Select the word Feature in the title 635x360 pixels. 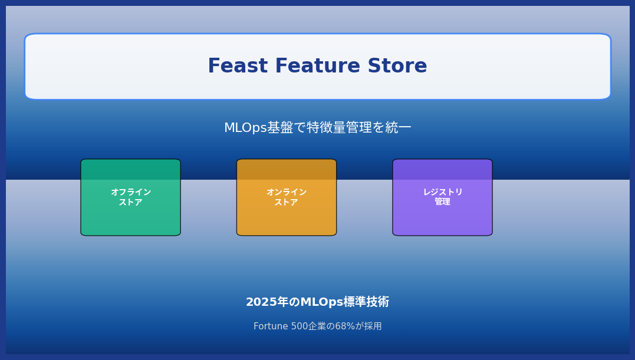click(x=317, y=65)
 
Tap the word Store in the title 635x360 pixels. click(x=397, y=65)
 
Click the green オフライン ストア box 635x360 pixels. click(x=130, y=197)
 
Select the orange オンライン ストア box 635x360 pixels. click(x=287, y=197)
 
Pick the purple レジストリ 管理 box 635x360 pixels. click(x=442, y=197)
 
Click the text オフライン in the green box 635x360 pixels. click(x=131, y=192)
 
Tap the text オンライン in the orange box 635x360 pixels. click(x=287, y=192)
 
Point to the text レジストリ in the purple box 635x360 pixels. click(x=443, y=192)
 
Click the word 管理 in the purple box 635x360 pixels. click(x=442, y=202)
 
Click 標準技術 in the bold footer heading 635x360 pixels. click(x=366, y=302)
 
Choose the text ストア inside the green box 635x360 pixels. click(x=130, y=202)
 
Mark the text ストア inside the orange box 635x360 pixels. click(x=287, y=202)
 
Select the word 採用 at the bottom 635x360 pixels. click(x=373, y=326)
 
